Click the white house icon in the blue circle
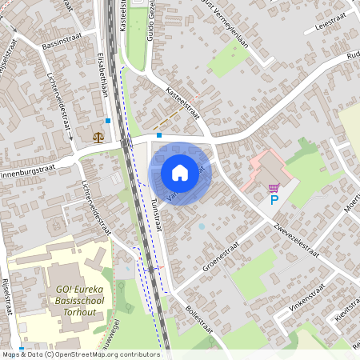point(180,172)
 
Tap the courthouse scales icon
point(98,137)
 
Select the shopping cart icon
point(274,188)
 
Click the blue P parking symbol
point(274,199)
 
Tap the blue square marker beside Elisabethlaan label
point(108,119)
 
